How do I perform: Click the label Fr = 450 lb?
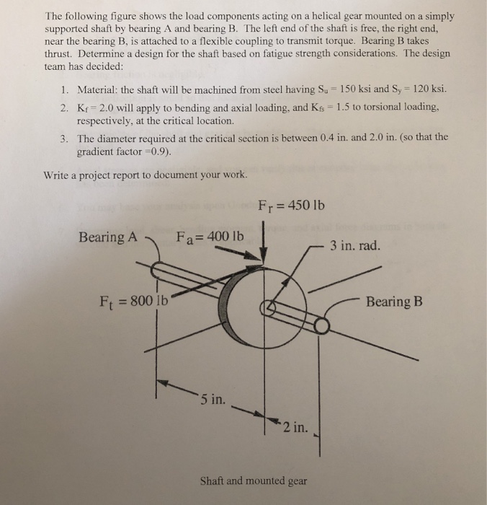click(x=290, y=206)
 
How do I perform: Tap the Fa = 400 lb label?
click(x=210, y=237)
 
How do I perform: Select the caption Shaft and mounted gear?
click(x=252, y=480)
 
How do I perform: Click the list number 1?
click(x=65, y=89)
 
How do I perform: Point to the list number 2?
click(x=65, y=107)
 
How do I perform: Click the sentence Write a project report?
click(x=146, y=175)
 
